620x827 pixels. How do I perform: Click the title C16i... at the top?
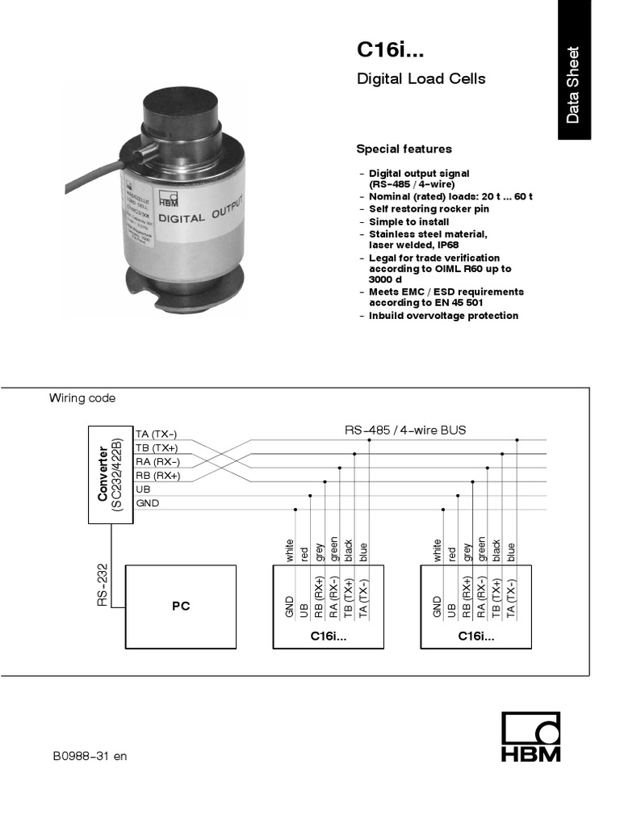(390, 51)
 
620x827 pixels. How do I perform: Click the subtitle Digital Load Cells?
(421, 79)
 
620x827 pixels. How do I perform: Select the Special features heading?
(404, 149)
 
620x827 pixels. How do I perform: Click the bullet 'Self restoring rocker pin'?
(429, 209)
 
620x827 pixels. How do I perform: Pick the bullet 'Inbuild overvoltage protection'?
(443, 316)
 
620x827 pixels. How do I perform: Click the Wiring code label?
(82, 398)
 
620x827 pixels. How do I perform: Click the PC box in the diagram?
(180, 606)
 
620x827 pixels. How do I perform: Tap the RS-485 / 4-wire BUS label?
(405, 430)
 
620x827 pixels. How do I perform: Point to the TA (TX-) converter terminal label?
(157, 434)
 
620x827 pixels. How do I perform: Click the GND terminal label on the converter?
(148, 503)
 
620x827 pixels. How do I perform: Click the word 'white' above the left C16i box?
(289, 550)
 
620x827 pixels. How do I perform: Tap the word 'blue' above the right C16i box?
(510, 552)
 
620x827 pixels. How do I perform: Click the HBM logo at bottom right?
(530, 737)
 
